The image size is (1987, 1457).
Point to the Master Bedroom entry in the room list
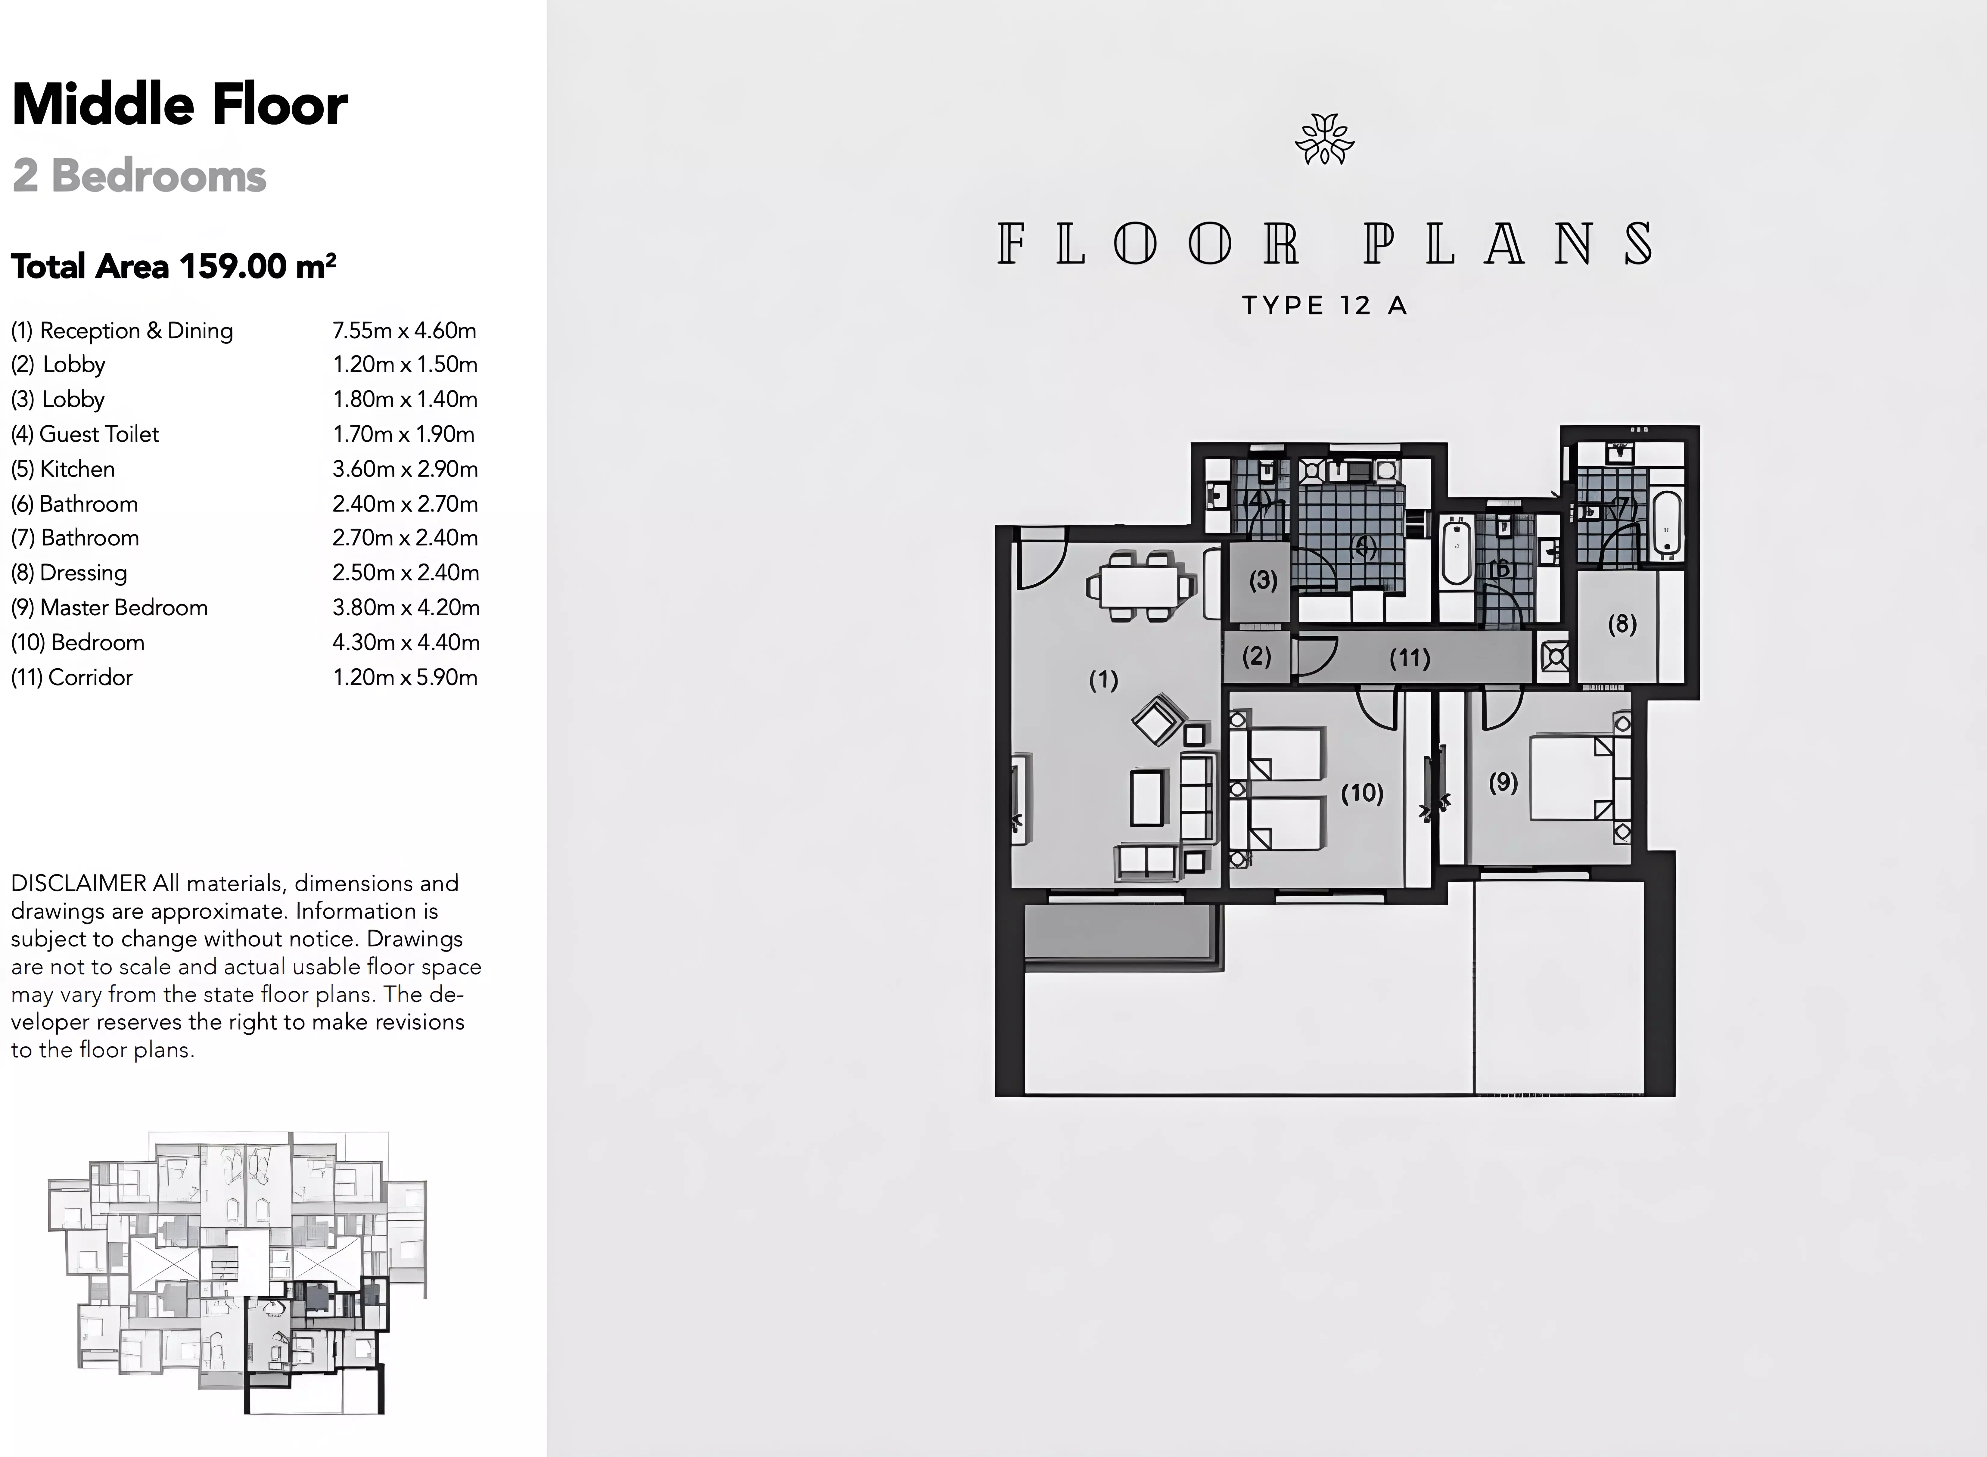(x=109, y=608)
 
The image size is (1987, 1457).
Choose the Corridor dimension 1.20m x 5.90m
(x=405, y=677)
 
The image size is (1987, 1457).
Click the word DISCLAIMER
(x=79, y=883)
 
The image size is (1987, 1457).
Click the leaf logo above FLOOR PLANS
(x=1324, y=139)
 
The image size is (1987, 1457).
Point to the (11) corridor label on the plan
(x=1409, y=658)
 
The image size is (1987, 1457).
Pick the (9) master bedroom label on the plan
(x=1503, y=782)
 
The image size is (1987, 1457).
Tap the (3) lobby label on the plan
(x=1263, y=580)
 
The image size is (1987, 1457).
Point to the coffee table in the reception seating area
(x=1146, y=798)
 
